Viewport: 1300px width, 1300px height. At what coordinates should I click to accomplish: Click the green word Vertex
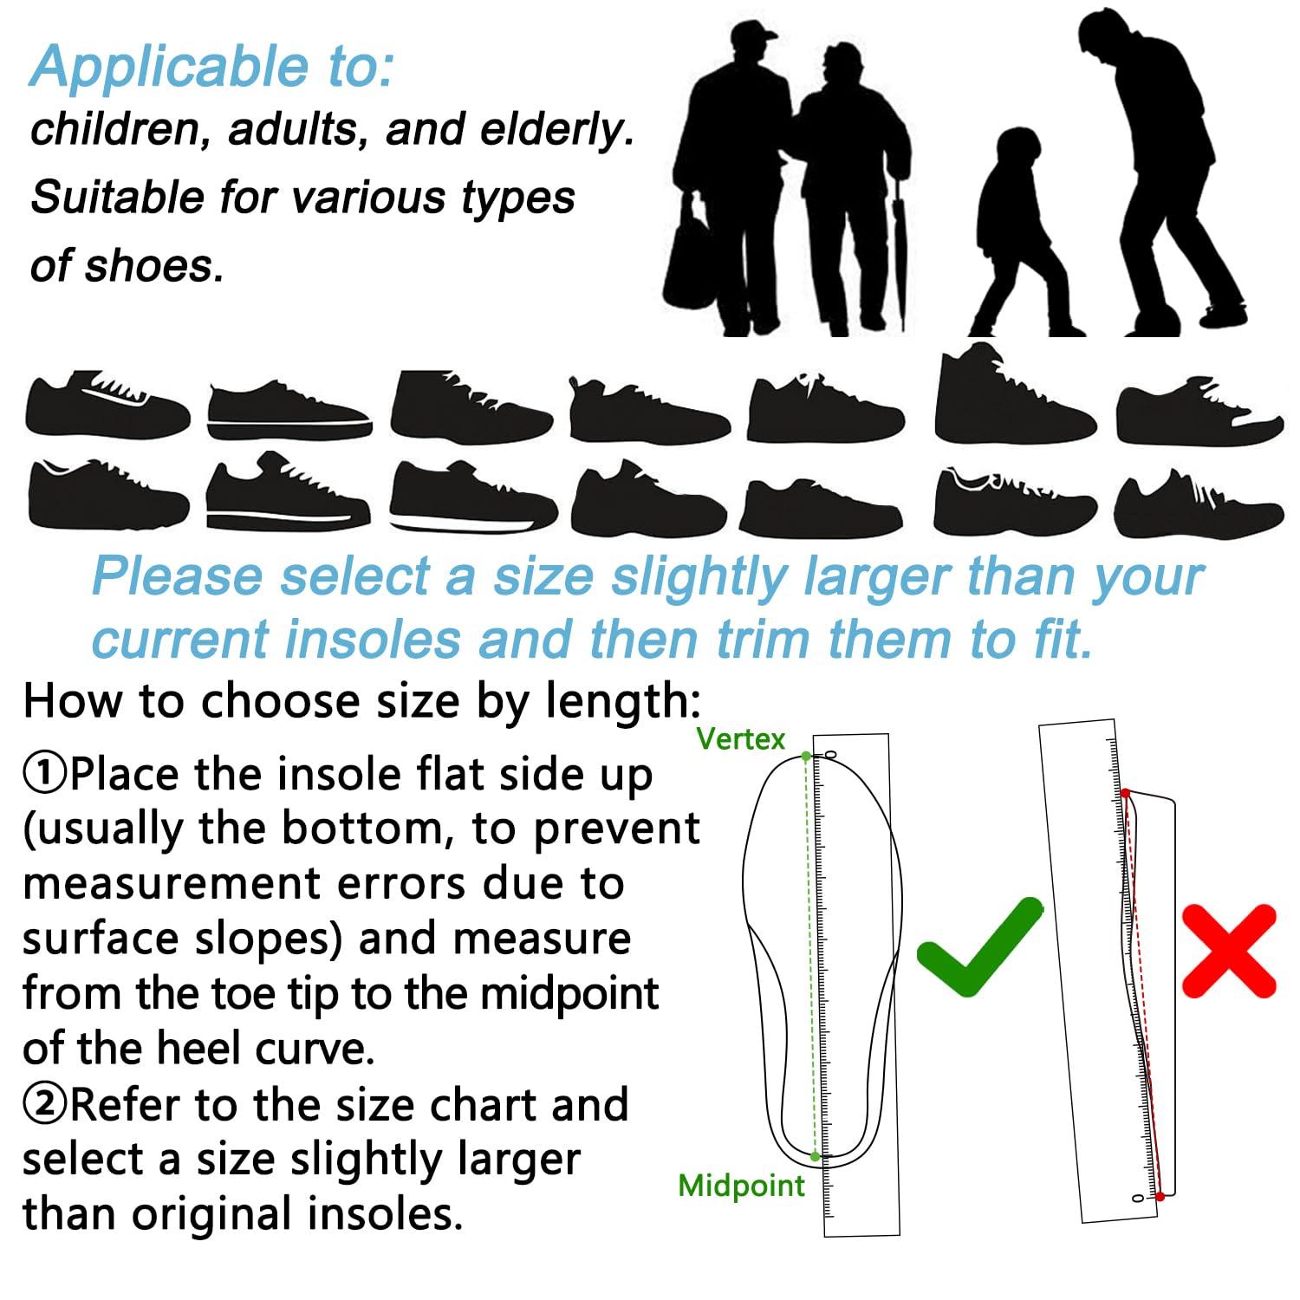740,739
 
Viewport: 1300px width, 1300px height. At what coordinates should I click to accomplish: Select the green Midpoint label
741,1185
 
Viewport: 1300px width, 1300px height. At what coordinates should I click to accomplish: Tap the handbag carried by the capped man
689,260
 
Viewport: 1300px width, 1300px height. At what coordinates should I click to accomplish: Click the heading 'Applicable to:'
212,67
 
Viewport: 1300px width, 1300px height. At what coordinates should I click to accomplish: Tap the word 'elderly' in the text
555,130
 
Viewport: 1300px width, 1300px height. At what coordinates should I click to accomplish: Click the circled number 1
43,774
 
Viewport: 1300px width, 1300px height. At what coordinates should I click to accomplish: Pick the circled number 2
43,1105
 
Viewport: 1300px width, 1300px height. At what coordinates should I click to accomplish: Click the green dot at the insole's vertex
806,757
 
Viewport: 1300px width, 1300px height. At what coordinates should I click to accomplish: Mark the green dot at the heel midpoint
815,1156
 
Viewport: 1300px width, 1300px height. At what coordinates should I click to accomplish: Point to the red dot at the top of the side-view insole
1125,793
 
